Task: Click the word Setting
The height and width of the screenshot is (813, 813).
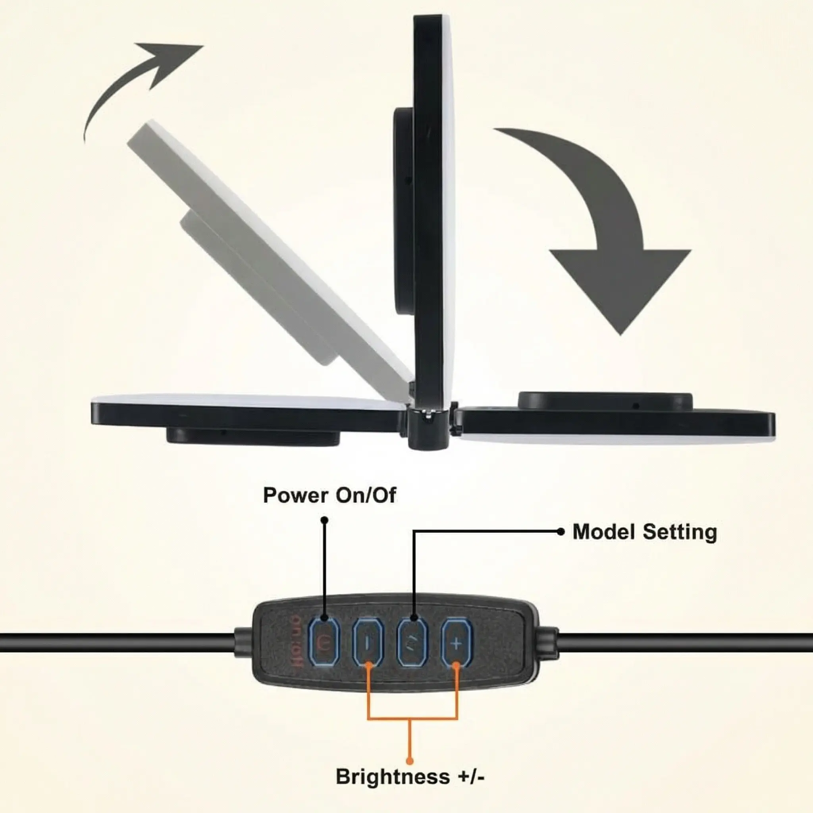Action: point(680,532)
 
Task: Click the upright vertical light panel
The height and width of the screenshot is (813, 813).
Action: point(433,210)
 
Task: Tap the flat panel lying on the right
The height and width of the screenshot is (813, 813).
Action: point(615,423)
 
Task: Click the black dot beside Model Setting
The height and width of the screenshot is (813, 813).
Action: point(561,532)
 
